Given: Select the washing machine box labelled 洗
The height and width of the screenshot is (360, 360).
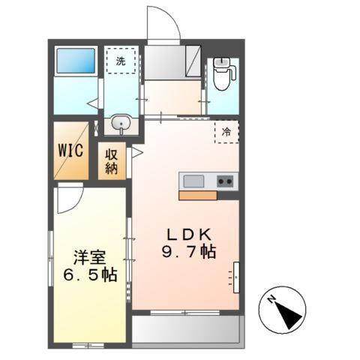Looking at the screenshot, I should click(121, 61).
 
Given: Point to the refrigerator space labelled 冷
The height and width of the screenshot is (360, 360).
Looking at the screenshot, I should click(225, 132).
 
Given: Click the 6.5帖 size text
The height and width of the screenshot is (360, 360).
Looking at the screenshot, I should click(89, 275).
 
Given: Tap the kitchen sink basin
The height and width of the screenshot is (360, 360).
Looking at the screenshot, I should click(193, 181).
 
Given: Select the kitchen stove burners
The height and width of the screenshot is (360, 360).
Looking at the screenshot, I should click(224, 181).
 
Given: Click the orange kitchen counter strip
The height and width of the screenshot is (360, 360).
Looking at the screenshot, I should click(197, 195).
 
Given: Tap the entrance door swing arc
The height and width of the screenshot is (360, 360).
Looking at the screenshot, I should click(161, 22).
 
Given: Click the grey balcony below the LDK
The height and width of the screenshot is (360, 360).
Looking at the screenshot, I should click(187, 328).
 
